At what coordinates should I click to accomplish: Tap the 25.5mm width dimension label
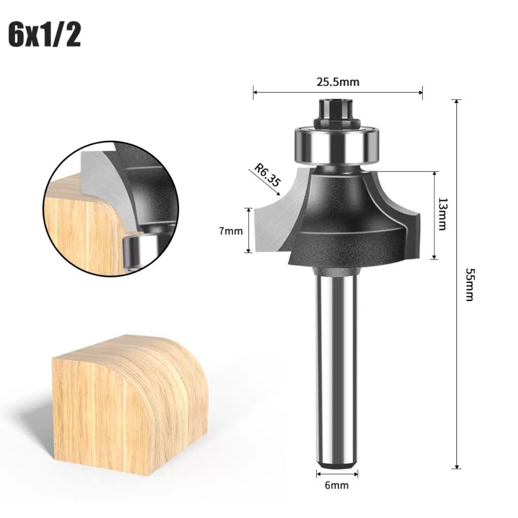[x=338, y=82]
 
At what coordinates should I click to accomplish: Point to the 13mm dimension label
[x=442, y=214]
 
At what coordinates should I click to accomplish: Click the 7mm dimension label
[x=231, y=231]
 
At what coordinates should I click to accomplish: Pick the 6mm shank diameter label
[x=336, y=485]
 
